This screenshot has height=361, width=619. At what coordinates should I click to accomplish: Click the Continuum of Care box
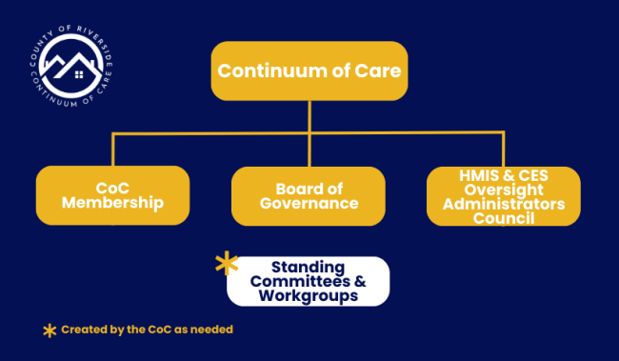click(309, 71)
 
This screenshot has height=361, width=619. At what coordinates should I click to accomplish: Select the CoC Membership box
click(112, 195)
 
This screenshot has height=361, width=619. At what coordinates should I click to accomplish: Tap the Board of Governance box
click(309, 195)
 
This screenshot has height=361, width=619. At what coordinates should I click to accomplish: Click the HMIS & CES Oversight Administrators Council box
click(503, 195)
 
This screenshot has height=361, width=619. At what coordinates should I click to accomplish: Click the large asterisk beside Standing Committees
click(227, 265)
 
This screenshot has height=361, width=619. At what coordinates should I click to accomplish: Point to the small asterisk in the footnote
click(49, 330)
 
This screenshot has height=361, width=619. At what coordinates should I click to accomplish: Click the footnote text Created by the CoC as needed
click(147, 330)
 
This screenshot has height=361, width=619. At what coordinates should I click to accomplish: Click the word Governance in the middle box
click(309, 204)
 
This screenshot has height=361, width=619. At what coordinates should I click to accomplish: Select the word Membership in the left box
click(112, 204)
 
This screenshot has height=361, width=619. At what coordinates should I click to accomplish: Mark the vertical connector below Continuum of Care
click(309, 116)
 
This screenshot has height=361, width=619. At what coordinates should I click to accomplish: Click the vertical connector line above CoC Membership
click(113, 150)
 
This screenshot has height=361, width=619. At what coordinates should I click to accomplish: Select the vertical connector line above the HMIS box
click(504, 150)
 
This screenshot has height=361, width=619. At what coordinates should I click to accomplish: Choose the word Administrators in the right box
click(503, 204)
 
